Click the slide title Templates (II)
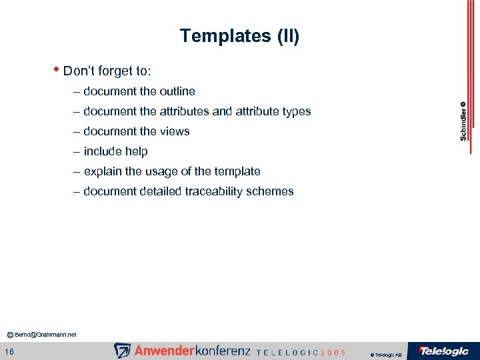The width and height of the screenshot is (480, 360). coord(239,36)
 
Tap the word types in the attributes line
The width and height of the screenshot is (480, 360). coord(297,111)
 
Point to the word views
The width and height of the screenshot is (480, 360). coord(175,131)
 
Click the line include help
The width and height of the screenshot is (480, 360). coord(115,151)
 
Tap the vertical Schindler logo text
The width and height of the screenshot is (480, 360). coord(463,121)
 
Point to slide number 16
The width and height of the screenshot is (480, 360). coord(9,351)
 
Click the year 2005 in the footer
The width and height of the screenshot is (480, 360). coord(332,352)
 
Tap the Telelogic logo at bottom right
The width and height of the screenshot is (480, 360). coord(443,351)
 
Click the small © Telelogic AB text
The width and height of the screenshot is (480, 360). coord(385,355)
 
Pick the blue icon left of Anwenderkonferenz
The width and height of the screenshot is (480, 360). coord(122,351)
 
